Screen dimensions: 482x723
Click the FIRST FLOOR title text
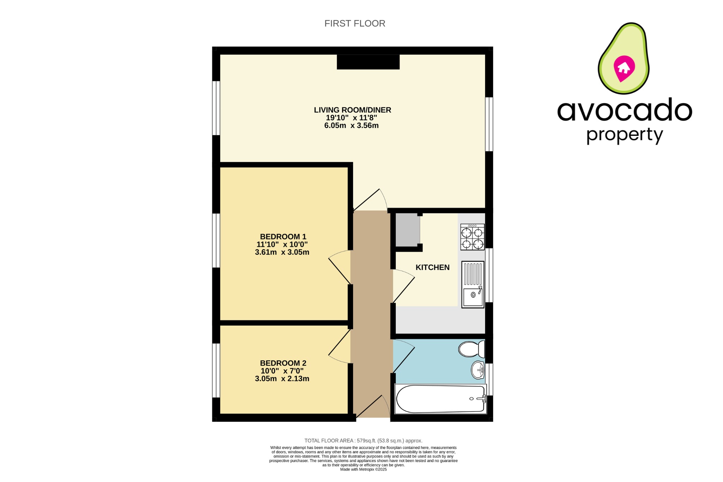[354, 23]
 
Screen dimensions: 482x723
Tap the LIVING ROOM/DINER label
[352, 110]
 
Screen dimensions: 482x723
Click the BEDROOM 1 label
[283, 236]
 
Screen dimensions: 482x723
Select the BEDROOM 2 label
[283, 363]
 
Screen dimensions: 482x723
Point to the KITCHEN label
[432, 267]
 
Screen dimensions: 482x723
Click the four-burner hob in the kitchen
[472, 237]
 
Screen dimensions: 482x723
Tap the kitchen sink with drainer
[473, 284]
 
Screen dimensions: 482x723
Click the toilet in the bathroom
[471, 349]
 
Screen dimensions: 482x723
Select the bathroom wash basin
[478, 370]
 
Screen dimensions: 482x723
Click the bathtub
[440, 399]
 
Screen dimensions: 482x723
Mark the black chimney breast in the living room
[368, 62]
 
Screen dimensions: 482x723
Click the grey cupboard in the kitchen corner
[407, 230]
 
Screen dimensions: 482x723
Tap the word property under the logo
[624, 135]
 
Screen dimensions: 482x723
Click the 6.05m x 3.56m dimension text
[351, 126]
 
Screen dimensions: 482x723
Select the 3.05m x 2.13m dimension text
[282, 379]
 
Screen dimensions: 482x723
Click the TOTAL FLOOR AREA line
[363, 440]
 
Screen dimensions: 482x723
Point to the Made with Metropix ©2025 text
[363, 469]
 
